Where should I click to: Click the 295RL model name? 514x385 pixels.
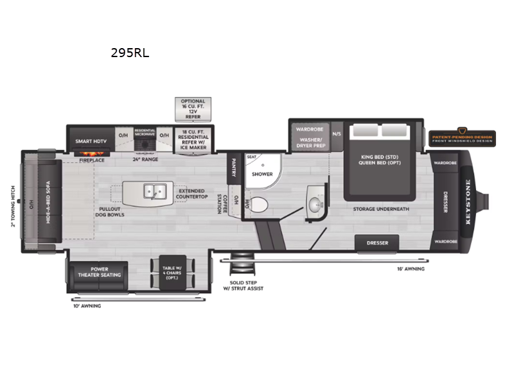pyautogui.click(x=130, y=54)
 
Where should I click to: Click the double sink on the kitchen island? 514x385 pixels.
pyautogui.click(x=153, y=191)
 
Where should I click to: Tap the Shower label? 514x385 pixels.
pyautogui.click(x=262, y=174)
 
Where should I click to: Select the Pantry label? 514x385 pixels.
pyautogui.click(x=233, y=168)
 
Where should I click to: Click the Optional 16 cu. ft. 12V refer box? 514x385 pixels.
pyautogui.click(x=193, y=109)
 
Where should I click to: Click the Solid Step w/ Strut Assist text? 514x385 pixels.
pyautogui.click(x=247, y=285)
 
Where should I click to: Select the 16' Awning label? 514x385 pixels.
pyautogui.click(x=411, y=269)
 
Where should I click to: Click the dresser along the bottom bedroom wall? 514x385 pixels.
pyautogui.click(x=377, y=243)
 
